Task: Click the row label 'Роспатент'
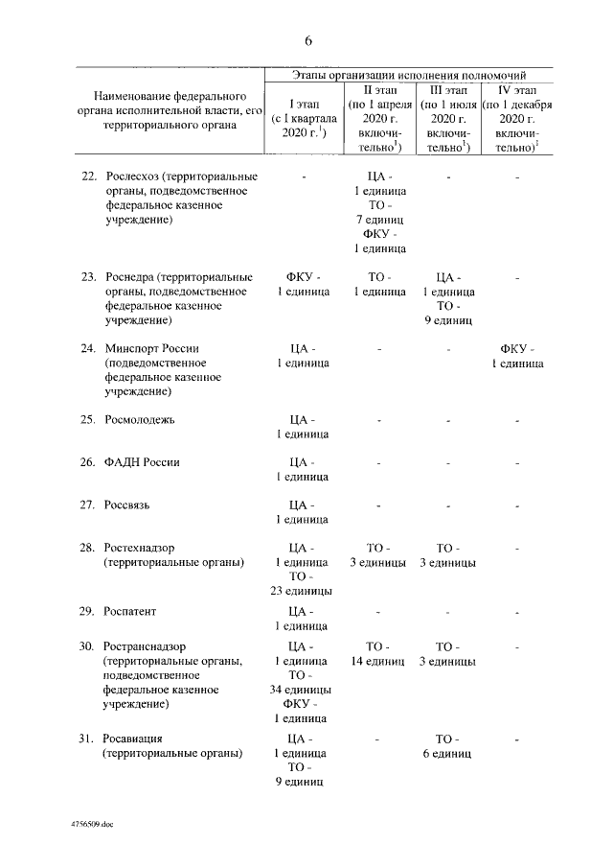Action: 130,611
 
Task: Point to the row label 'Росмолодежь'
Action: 140,420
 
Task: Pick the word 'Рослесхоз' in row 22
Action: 132,177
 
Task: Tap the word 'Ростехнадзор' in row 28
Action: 140,547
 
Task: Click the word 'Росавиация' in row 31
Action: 134,739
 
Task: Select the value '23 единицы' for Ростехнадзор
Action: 302,591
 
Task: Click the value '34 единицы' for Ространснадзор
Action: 302,690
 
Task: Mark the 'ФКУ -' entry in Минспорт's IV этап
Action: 518,348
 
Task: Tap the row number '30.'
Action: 88,646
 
